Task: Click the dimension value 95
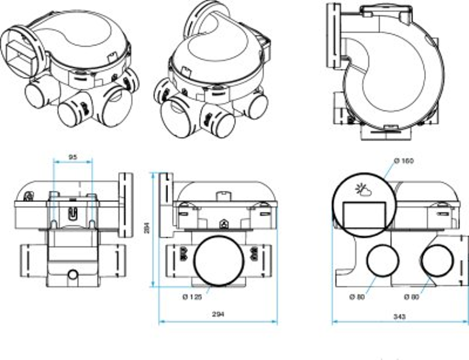(x=73, y=157)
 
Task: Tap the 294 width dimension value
(x=218, y=314)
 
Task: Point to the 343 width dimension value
(x=400, y=316)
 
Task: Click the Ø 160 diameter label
(x=404, y=161)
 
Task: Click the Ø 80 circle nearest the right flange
(x=437, y=261)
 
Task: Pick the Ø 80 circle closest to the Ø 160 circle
(x=382, y=261)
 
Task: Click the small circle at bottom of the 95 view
(x=73, y=275)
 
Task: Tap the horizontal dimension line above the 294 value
(x=218, y=322)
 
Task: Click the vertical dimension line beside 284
(x=153, y=230)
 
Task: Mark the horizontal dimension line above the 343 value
(x=400, y=323)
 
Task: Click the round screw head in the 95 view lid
(x=29, y=195)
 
